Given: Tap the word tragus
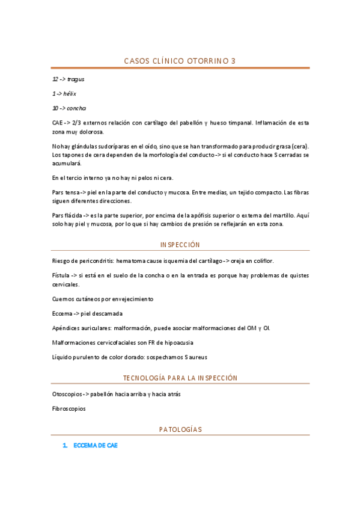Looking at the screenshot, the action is click(76, 79).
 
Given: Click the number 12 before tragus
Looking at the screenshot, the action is click(55, 79).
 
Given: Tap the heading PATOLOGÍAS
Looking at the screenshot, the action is click(180, 429).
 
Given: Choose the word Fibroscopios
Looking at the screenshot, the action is click(69, 408).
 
